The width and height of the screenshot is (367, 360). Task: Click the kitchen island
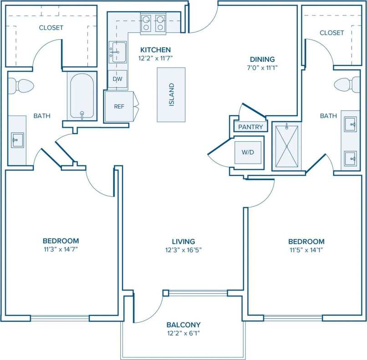171,94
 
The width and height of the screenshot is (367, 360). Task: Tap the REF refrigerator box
119,107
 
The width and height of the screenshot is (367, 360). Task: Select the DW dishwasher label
117,79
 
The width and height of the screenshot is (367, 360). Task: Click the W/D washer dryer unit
248,152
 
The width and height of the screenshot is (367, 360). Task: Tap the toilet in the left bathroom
21,85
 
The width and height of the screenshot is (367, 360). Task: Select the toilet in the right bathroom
346,85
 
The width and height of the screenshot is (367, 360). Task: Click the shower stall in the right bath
286,146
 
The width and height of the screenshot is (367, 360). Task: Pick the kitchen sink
117,51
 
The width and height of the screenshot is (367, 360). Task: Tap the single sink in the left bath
18,140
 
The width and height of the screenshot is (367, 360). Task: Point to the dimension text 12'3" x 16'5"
183,250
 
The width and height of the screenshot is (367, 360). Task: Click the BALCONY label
183,325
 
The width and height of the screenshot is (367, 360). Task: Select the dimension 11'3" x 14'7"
61,249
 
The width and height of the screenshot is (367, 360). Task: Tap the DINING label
262,59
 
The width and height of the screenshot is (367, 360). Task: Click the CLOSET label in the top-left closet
51,28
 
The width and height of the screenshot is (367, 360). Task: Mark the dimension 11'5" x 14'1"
306,250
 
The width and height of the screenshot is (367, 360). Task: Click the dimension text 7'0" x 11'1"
262,67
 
